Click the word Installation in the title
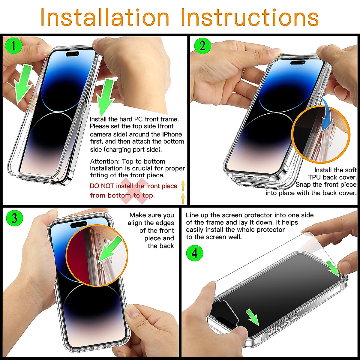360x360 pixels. pyautogui.click(x=105, y=17)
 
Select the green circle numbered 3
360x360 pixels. pyautogui.click(x=14, y=218)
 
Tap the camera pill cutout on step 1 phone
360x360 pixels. pyautogui.click(x=72, y=54)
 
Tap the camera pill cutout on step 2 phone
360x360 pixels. pyautogui.click(x=298, y=62)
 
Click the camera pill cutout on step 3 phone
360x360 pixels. pyautogui.click(x=79, y=224)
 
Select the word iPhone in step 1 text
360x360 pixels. pyautogui.click(x=172, y=134)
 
